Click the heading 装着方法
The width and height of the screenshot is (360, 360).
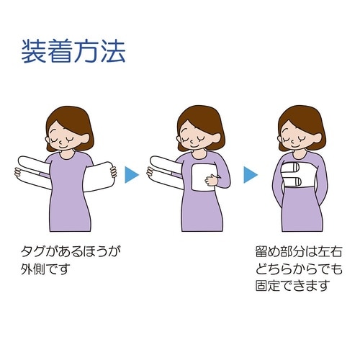tap(73, 51)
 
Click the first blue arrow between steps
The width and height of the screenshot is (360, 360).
tap(132, 175)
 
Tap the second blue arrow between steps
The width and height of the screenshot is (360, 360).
tap(251, 175)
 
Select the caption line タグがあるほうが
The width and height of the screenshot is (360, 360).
tap(71, 252)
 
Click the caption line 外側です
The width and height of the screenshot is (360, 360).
tap(45, 269)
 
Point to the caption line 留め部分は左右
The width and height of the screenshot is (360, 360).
tap(299, 252)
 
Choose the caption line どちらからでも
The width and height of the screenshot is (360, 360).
tap(299, 269)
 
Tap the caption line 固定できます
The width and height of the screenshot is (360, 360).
tap(292, 286)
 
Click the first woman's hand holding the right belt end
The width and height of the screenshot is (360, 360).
tap(113, 172)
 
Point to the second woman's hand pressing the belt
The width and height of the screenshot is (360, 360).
tap(212, 180)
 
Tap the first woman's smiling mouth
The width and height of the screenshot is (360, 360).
tap(62, 146)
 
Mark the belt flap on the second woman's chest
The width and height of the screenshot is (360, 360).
tap(204, 177)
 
